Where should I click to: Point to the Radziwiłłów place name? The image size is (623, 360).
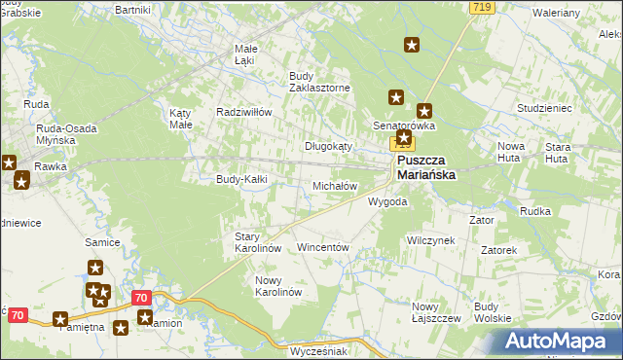point(243,112)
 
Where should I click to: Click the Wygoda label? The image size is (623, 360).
point(386,201)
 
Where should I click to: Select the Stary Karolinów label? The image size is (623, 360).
point(258,242)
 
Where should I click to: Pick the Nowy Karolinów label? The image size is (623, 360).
point(278,286)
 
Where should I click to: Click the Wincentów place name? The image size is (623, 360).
point(322,248)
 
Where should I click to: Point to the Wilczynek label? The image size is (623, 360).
point(430,239)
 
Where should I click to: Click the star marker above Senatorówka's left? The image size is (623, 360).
point(396,96)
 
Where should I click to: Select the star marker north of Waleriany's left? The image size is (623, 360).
point(413,44)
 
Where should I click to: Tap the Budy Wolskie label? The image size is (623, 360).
point(493,311)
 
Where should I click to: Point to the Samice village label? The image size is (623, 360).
point(102,241)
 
